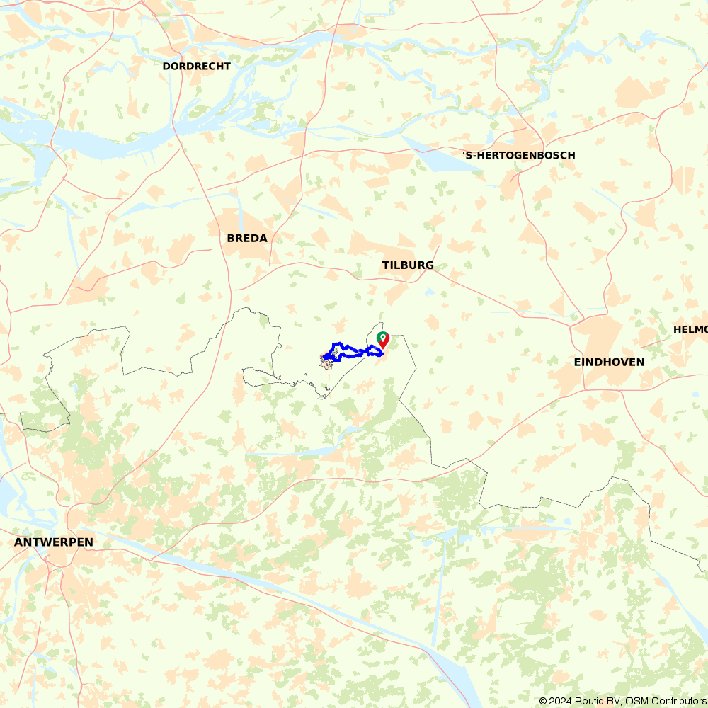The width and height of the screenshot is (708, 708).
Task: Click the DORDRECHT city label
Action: tap(196, 66)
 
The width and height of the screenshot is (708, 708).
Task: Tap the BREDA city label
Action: tap(247, 239)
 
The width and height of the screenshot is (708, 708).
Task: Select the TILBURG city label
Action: tap(408, 265)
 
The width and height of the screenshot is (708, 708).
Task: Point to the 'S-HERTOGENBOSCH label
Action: tap(518, 155)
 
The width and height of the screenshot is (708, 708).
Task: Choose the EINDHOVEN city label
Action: tap(609, 362)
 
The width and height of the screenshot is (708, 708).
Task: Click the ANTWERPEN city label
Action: tap(53, 542)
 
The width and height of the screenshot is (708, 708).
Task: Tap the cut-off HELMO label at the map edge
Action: tap(690, 329)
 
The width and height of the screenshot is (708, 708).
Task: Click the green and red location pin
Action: tap(382, 339)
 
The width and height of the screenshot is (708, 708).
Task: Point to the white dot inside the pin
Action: tap(382, 336)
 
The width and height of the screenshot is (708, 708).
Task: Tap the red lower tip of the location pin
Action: tap(382, 348)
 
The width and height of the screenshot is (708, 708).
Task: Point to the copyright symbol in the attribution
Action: tap(543, 701)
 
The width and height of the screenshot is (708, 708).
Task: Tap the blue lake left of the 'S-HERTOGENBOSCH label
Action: tap(442, 163)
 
